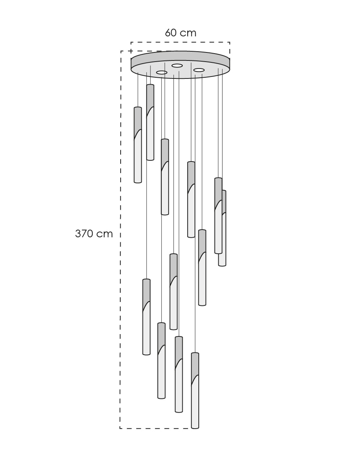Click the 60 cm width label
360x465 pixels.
[180, 33]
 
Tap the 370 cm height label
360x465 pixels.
[94, 233]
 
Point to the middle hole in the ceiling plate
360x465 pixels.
[177, 65]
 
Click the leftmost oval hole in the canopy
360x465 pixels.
[162, 73]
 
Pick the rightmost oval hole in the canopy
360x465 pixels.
[199, 70]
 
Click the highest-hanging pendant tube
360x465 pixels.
[150, 122]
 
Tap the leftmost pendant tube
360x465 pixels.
[138, 145]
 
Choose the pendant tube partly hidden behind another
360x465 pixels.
[223, 228]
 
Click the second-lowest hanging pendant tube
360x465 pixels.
[179, 374]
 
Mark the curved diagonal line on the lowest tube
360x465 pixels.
[195, 380]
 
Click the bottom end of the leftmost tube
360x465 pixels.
[138, 182]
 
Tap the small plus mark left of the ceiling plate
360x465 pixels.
[131, 51]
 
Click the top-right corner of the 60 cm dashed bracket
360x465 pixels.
[230, 42]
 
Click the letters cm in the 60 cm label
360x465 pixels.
[188, 33]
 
